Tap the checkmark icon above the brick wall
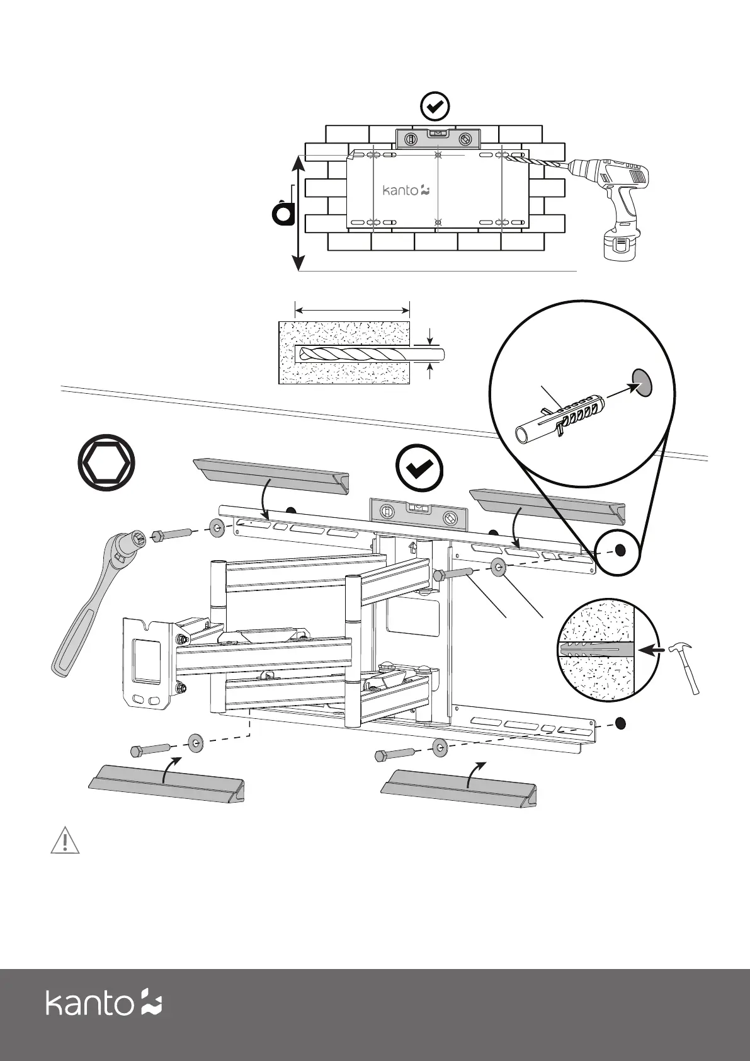pyautogui.click(x=435, y=107)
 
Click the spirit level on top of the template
pyautogui.click(x=438, y=138)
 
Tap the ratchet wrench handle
pyautogui.click(x=76, y=636)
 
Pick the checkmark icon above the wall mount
pyautogui.click(x=419, y=469)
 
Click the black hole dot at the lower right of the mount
pyautogui.click(x=620, y=723)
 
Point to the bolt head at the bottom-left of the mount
pyautogui.click(x=138, y=751)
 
